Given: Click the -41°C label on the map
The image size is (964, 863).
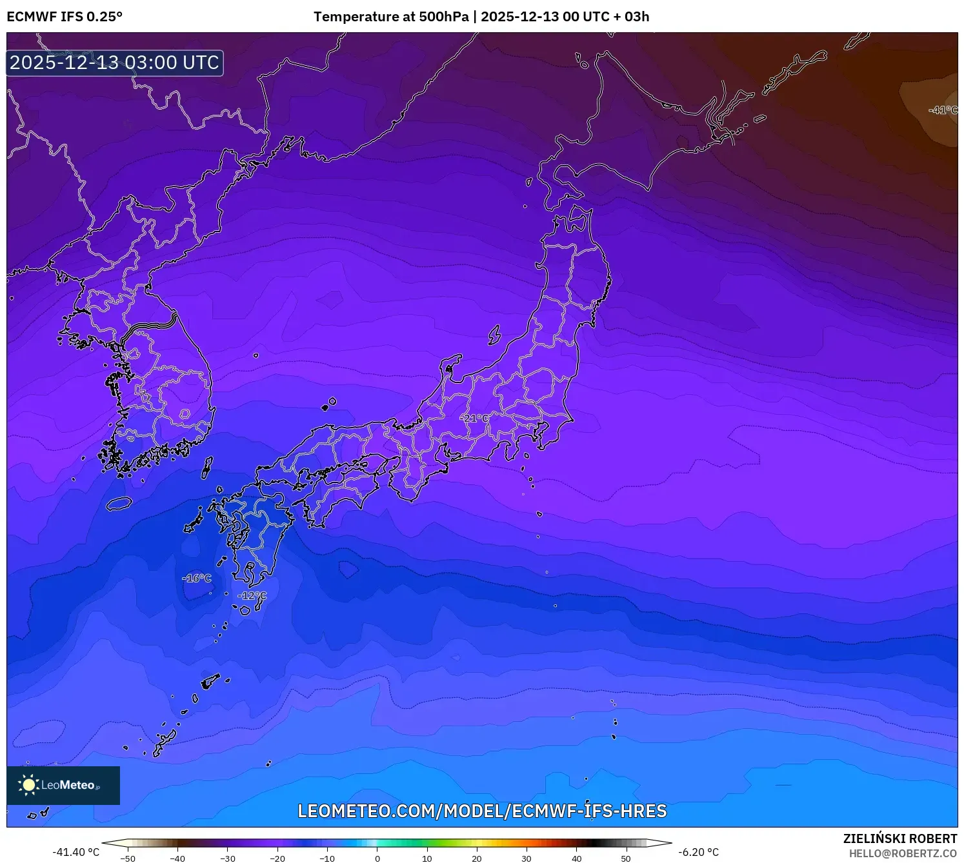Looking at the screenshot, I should click(x=942, y=110).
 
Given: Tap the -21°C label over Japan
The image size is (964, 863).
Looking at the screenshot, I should click(x=476, y=418).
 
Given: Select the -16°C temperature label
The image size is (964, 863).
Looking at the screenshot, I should click(x=197, y=578).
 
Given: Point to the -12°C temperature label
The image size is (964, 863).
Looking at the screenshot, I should click(x=252, y=595).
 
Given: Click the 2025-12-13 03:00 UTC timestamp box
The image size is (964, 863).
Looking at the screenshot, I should click(x=115, y=63).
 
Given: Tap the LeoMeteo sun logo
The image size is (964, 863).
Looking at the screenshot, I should click(x=29, y=785).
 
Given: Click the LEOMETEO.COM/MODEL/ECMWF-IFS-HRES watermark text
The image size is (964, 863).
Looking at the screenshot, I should click(x=482, y=811).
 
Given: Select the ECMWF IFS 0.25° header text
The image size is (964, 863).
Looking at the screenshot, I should click(x=65, y=17).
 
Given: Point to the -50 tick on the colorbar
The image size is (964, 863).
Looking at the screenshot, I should click(x=128, y=858).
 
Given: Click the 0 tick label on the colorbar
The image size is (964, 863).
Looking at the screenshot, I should click(x=377, y=858).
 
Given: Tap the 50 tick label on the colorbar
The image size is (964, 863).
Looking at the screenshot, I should click(x=626, y=858).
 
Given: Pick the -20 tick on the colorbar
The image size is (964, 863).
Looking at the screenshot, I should click(x=277, y=858).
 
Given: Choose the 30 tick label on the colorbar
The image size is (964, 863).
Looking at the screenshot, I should click(x=527, y=858).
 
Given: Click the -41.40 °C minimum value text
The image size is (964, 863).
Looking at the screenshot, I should click(x=76, y=852).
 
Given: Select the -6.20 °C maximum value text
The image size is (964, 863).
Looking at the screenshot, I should click(x=698, y=852).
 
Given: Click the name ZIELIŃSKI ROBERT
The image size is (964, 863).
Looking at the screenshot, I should click(x=900, y=838).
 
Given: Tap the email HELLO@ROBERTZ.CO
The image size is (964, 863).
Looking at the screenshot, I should click(x=903, y=853).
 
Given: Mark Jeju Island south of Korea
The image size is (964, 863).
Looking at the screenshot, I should click(x=119, y=504).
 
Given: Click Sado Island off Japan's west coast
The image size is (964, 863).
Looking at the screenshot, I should click(x=495, y=335).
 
